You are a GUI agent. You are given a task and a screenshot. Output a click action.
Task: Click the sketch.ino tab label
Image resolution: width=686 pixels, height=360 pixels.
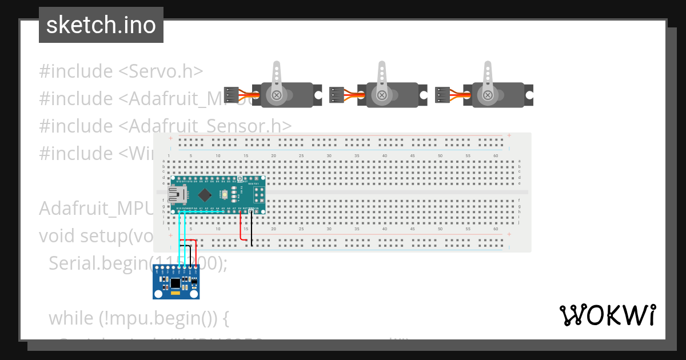pyautogui.click(x=101, y=25)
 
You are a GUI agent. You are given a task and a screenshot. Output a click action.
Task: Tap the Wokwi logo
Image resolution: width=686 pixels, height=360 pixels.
pyautogui.click(x=607, y=315)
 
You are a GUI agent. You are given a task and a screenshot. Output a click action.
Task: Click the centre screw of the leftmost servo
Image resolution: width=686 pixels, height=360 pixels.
pyautogui.click(x=277, y=95)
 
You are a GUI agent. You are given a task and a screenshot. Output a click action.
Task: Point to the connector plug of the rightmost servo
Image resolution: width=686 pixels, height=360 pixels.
pyautogui.click(x=442, y=95)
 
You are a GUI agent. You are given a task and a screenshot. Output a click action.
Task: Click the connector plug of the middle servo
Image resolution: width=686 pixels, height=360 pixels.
pyautogui.click(x=337, y=95)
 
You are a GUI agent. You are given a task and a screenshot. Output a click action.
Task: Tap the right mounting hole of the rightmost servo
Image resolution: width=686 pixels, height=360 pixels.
pyautogui.click(x=529, y=95)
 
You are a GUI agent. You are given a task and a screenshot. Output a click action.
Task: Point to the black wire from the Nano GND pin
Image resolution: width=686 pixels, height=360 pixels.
pyautogui.click(x=252, y=229)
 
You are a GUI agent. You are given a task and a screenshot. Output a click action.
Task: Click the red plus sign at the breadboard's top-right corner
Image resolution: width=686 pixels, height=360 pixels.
pyautogui.click(x=509, y=135)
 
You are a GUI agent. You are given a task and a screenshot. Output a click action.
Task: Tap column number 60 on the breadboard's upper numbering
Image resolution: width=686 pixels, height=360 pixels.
pyautogui.click(x=495, y=156)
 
